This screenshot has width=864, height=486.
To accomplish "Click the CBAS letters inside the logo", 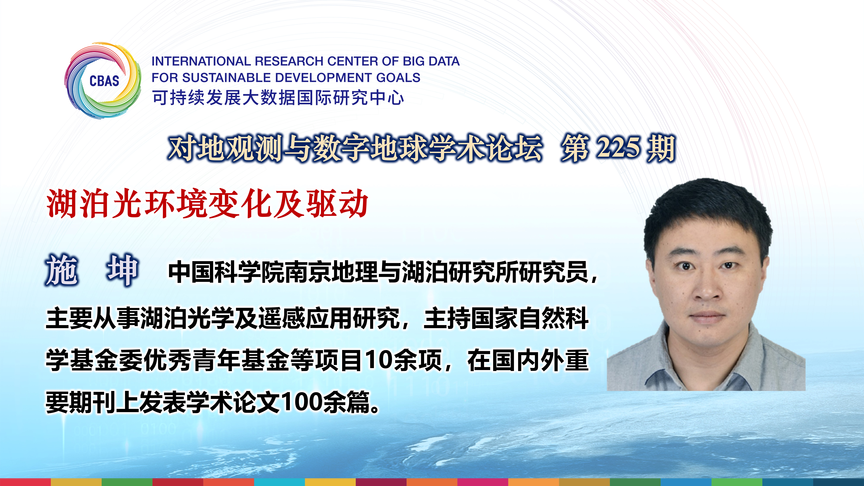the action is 104,81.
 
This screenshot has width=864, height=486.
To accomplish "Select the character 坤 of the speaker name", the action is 122,270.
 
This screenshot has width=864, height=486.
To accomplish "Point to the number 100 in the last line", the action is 299,402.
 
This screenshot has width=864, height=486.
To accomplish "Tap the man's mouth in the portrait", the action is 706,316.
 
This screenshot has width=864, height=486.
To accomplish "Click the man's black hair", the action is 708,208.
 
